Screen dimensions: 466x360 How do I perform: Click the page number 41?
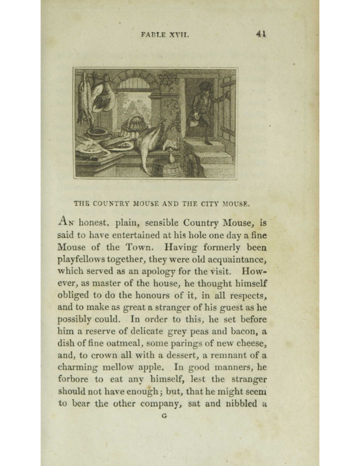click(x=260, y=34)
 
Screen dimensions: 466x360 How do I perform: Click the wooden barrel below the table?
click(x=167, y=168)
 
